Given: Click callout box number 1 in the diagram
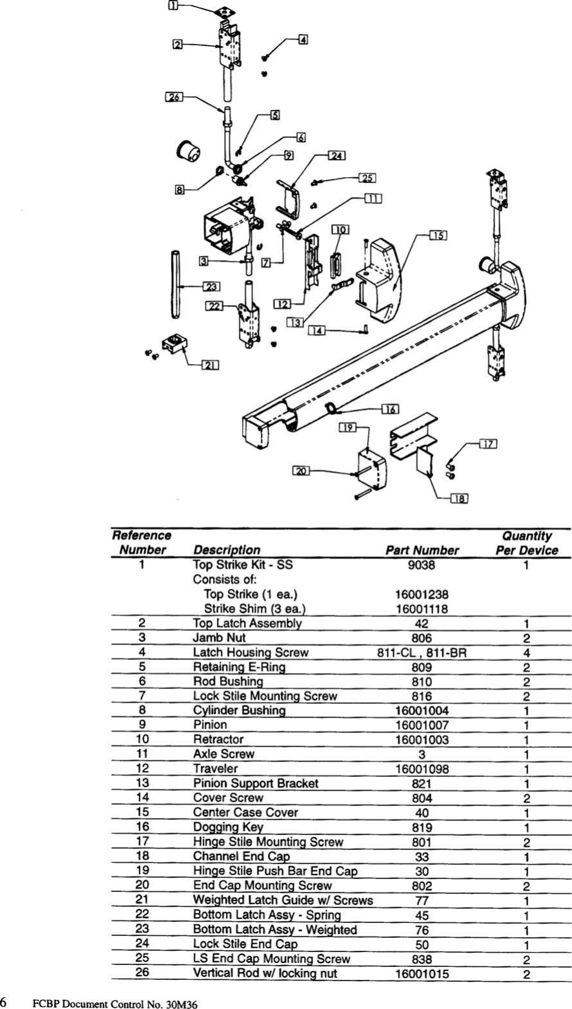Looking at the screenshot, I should (x=174, y=6).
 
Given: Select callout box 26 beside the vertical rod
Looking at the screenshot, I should (x=174, y=97).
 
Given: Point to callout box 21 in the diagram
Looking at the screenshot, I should (x=209, y=365).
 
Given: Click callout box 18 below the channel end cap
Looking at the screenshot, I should (x=458, y=498).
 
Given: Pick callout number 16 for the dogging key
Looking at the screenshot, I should (x=389, y=409).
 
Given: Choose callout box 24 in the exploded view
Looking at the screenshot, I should (x=336, y=155).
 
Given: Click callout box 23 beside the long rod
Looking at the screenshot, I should (x=211, y=286).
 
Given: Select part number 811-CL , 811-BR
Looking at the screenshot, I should (x=422, y=653).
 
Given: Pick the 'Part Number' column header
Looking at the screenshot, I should (x=422, y=551).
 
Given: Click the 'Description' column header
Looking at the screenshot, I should (x=227, y=550).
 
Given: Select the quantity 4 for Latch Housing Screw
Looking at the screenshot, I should (x=526, y=653).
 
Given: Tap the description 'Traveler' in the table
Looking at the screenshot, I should (x=215, y=769).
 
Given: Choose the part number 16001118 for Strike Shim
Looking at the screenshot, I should (x=422, y=609).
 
